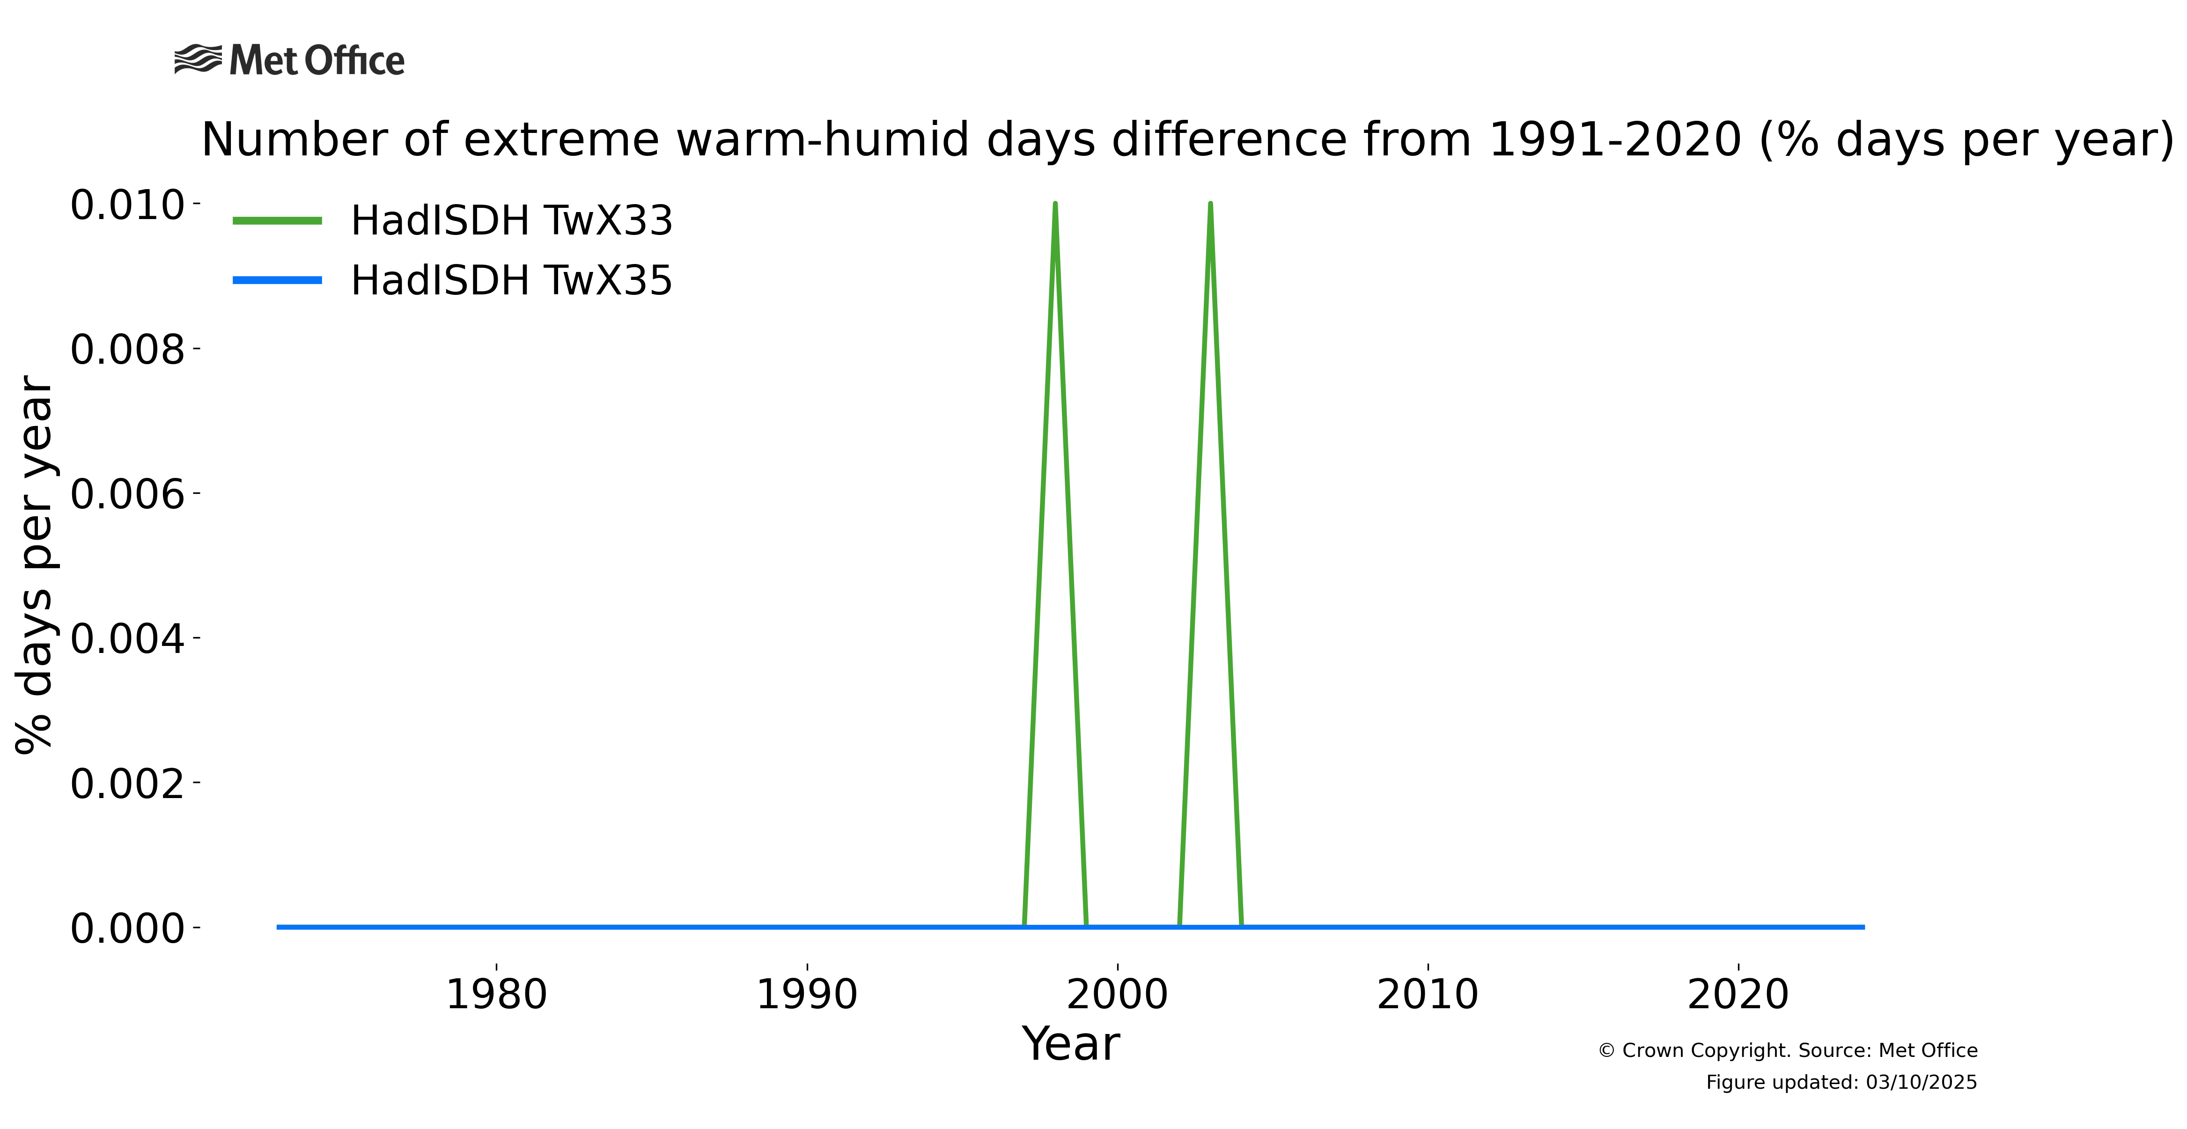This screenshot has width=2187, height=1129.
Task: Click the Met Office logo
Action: (289, 60)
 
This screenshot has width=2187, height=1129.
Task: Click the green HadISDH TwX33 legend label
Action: (511, 221)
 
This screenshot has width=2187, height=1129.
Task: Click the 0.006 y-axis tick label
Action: (127, 494)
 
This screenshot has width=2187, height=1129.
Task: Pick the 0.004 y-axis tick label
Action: (127, 638)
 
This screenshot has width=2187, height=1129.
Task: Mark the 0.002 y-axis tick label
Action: (127, 783)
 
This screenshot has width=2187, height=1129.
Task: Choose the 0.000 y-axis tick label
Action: (127, 928)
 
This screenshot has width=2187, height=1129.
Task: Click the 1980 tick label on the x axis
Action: (497, 994)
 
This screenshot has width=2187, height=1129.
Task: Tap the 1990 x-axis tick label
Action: (807, 994)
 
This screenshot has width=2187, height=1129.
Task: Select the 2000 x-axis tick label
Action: (1117, 994)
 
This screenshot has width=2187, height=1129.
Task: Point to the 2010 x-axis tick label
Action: (1428, 994)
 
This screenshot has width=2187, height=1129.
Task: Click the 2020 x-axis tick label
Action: (1739, 994)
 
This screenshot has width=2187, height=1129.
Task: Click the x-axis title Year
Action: (1071, 1043)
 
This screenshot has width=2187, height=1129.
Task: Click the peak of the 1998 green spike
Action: (1055, 204)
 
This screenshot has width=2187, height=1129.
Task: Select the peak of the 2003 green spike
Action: (1211, 204)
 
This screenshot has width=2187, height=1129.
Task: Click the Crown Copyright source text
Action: (1788, 1051)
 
